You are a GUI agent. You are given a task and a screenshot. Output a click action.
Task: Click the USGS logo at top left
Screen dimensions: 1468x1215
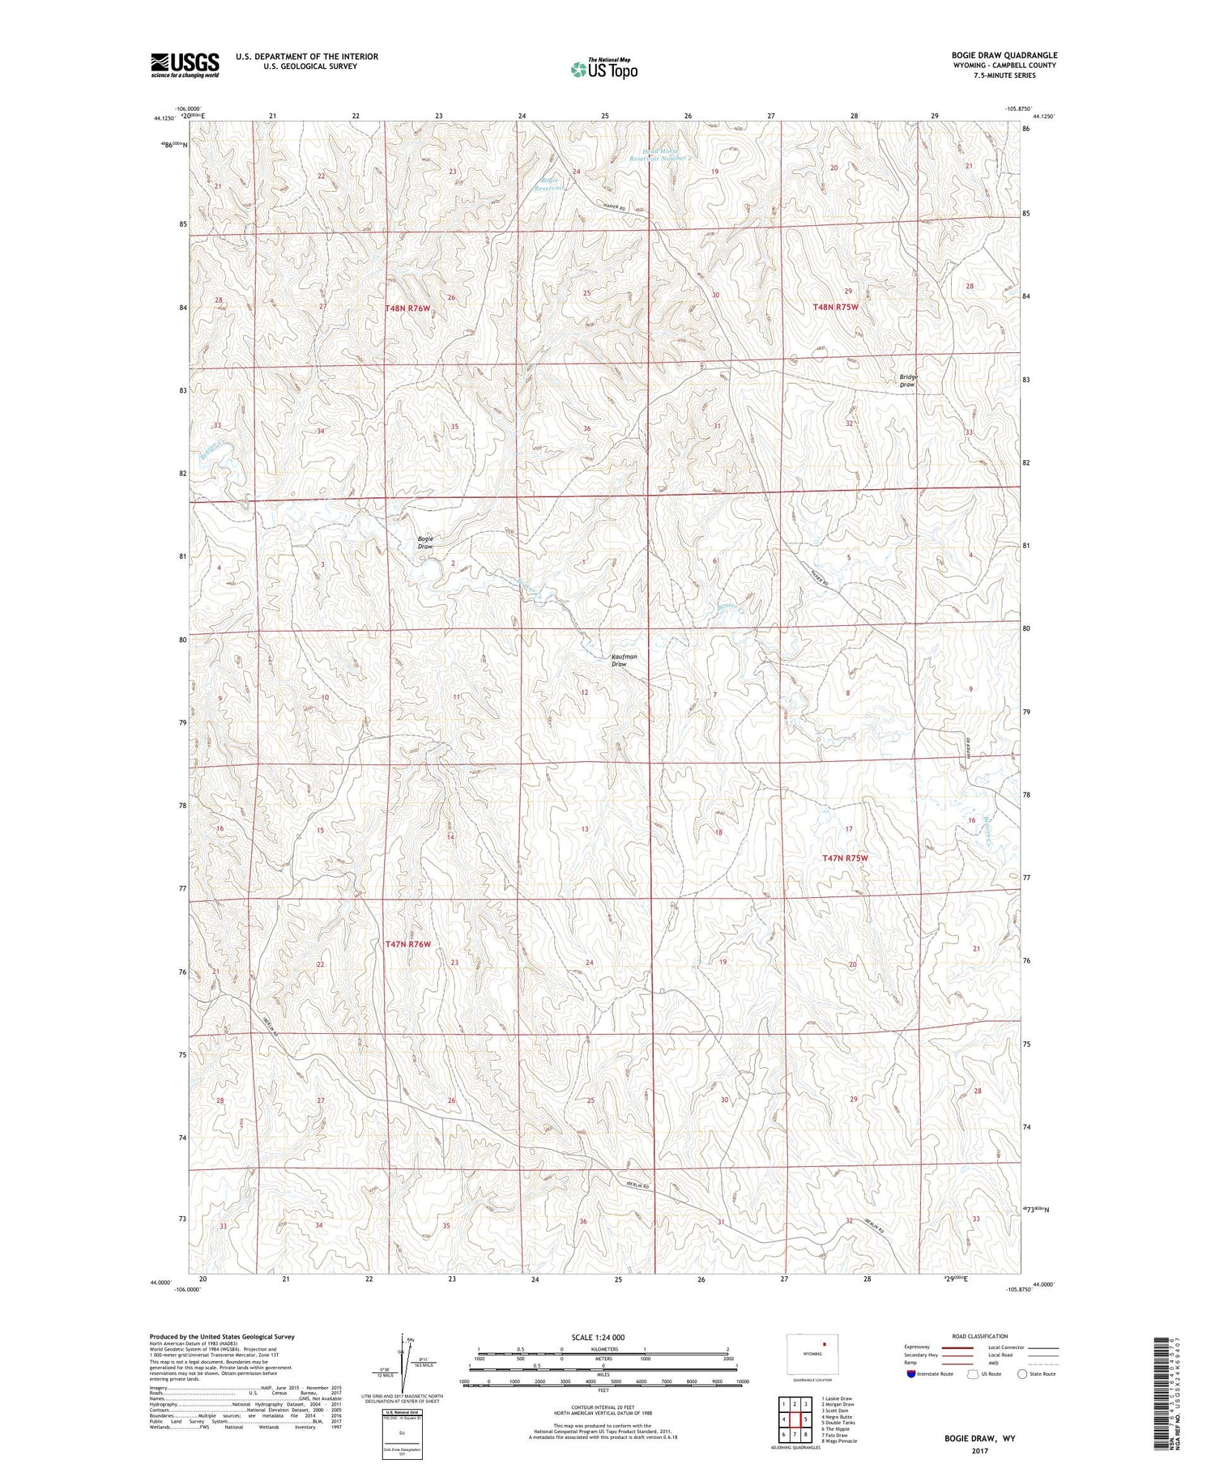[185, 65]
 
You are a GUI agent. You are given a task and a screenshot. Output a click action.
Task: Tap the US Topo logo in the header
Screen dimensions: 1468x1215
[603, 69]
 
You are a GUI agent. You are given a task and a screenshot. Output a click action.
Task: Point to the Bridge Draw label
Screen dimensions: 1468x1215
[908, 381]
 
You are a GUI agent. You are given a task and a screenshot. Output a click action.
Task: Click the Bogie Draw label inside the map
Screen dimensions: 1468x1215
[425, 543]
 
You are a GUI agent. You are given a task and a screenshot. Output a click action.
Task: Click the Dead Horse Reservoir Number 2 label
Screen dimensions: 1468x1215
[663, 154]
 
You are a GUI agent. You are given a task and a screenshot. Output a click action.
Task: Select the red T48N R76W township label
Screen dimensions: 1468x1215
[407, 308]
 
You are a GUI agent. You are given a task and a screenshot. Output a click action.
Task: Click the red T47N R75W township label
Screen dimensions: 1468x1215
[845, 857]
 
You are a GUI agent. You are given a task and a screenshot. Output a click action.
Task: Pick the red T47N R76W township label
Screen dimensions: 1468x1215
[407, 944]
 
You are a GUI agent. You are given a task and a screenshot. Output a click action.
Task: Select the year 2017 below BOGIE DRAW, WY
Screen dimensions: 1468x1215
[979, 1449]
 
